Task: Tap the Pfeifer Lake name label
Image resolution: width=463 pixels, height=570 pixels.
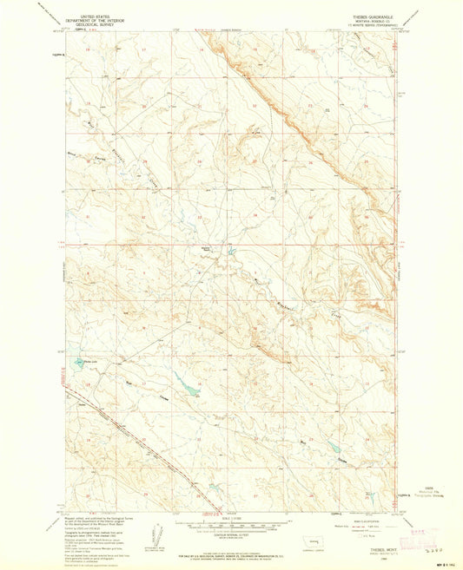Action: click(x=87, y=361)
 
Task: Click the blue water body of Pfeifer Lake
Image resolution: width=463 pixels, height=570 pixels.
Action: click(x=77, y=363)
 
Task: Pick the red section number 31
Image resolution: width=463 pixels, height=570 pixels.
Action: click(x=88, y=217)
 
